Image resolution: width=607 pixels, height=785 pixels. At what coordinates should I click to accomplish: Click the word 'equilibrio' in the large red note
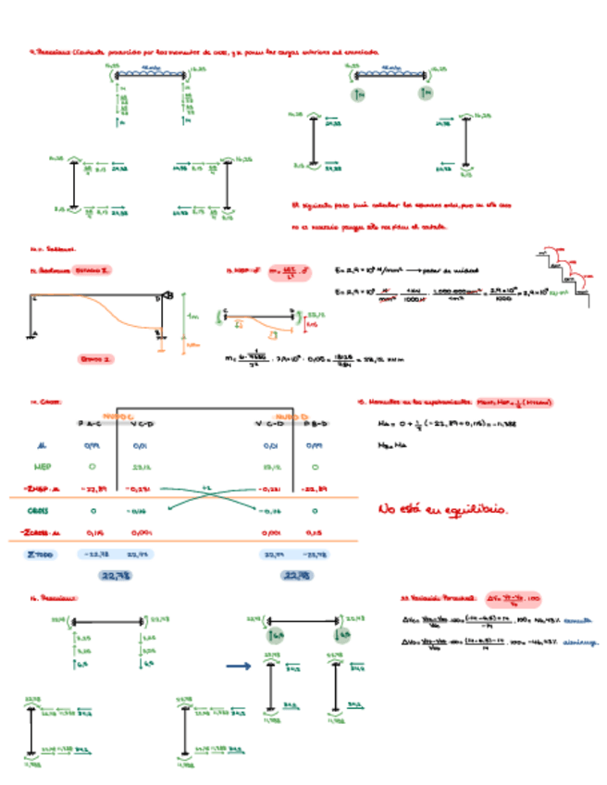pos(479,510)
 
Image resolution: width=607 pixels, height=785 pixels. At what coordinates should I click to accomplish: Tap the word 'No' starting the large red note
pos(388,509)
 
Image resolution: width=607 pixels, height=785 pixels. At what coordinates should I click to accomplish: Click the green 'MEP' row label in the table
pos(41,466)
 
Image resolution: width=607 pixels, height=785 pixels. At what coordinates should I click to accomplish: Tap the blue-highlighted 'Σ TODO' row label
pos(41,554)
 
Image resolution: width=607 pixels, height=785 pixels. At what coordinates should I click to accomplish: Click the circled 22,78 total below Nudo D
pos(296,575)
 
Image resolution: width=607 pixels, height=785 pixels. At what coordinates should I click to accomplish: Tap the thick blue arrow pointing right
pos(239,665)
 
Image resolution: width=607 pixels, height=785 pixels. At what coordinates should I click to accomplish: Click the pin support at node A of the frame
pos(33,336)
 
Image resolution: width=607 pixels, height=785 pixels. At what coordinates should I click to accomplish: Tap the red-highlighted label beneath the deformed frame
pos(94,357)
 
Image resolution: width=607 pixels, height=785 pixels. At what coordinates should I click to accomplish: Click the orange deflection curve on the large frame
pos(120,315)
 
